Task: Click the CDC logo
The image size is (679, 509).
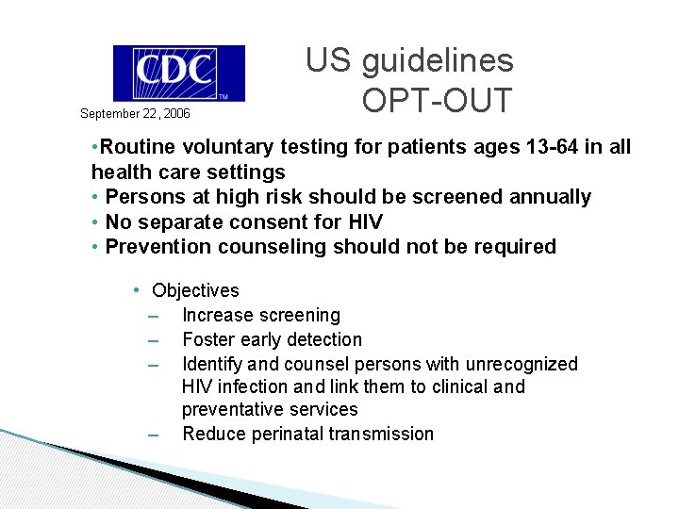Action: click(x=178, y=73)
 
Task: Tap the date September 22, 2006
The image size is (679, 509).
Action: click(x=135, y=114)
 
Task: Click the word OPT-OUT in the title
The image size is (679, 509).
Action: click(x=436, y=99)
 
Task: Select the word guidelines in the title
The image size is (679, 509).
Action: click(x=438, y=61)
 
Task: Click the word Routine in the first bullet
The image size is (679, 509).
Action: click(x=138, y=147)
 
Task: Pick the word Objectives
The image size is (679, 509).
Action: click(x=195, y=290)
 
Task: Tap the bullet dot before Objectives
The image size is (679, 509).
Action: click(x=137, y=290)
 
